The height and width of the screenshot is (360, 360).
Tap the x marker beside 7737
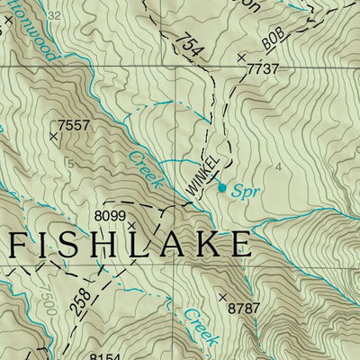[x=241, y=57]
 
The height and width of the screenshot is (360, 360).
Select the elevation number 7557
[x=74, y=125]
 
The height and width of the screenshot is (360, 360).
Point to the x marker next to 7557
[x=53, y=137]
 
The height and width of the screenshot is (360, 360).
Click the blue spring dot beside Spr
[x=222, y=187]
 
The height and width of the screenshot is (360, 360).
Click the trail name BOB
[x=277, y=41]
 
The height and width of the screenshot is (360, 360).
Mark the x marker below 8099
[x=130, y=226]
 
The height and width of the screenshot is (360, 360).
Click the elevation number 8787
[x=243, y=309]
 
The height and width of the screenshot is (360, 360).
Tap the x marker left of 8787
[x=222, y=296]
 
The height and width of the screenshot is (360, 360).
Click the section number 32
[x=55, y=16]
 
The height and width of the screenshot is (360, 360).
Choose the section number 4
[x=279, y=166]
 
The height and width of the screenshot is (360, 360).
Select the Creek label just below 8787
[x=200, y=326]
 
